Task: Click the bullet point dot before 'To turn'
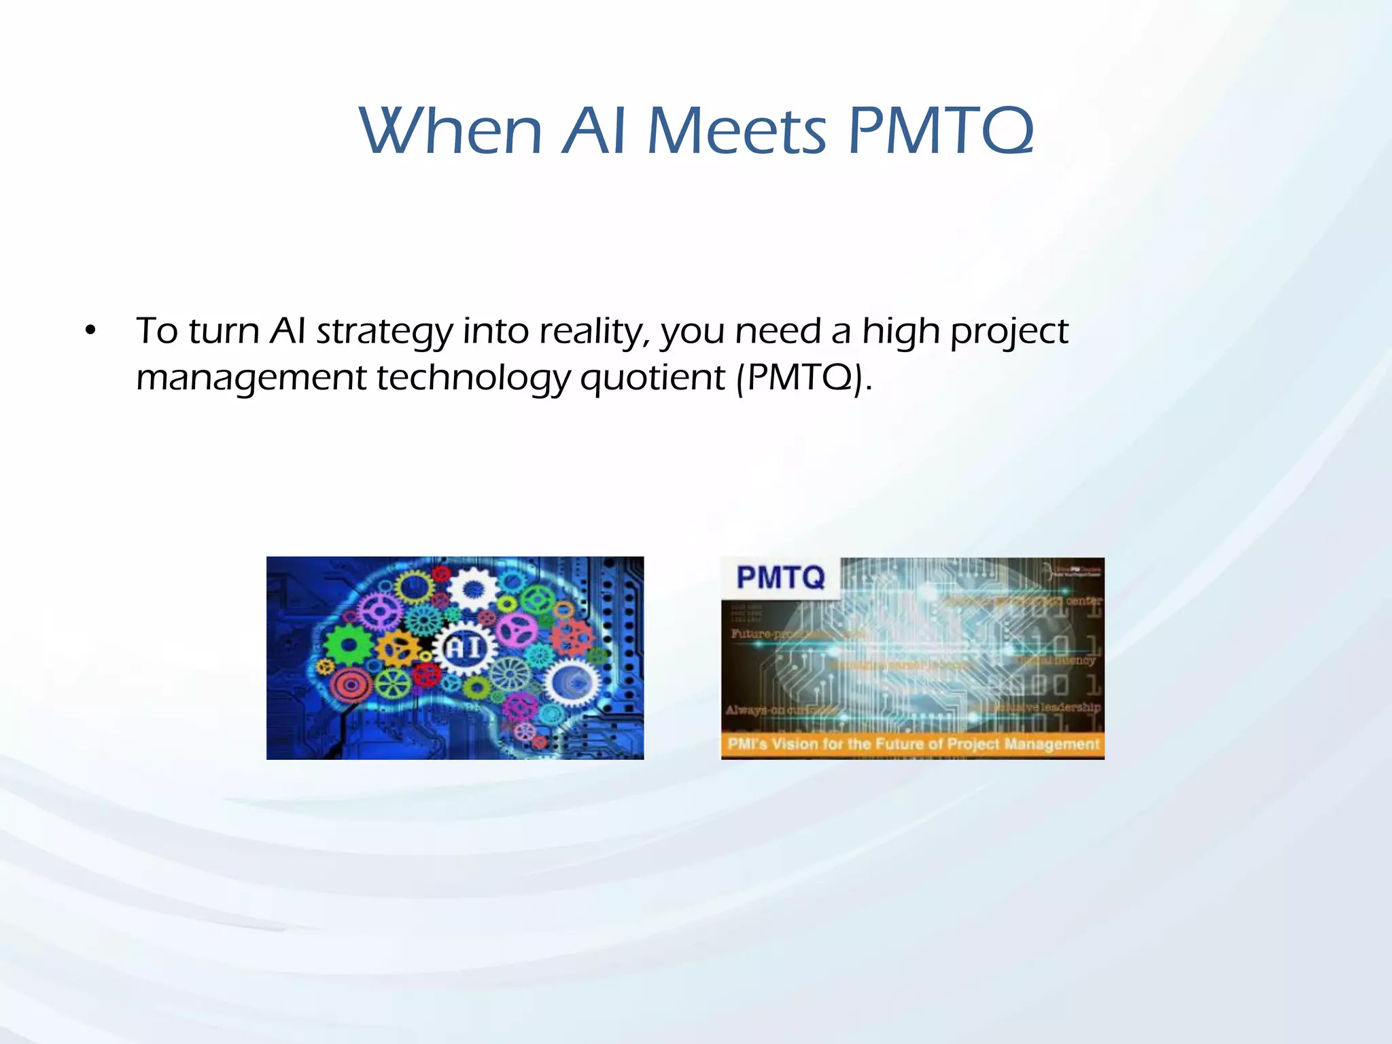click(x=90, y=332)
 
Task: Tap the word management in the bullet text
click(x=251, y=378)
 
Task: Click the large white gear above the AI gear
click(x=473, y=589)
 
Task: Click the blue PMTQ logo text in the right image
click(x=781, y=578)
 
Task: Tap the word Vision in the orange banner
click(x=795, y=744)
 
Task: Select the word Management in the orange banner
click(x=1051, y=744)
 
